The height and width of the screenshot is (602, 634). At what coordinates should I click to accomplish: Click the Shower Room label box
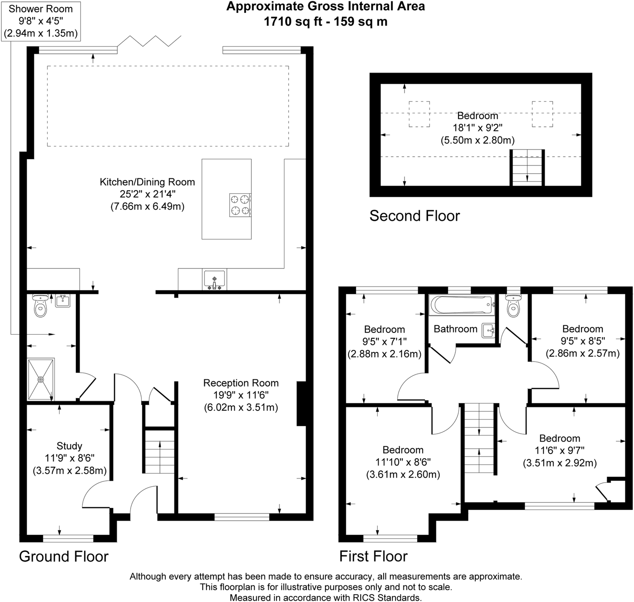tap(41, 21)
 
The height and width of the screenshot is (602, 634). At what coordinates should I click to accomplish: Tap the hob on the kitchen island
tap(240, 205)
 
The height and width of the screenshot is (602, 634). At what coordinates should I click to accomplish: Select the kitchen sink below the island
tap(214, 279)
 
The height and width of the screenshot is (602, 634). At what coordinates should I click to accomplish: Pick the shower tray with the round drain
tap(41, 379)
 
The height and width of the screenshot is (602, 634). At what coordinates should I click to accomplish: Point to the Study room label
tap(69, 446)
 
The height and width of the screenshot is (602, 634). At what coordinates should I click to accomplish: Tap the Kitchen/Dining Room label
tap(147, 182)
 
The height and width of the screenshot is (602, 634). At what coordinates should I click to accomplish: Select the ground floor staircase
tap(160, 451)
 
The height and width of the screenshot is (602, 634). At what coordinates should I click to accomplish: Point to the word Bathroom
tap(455, 329)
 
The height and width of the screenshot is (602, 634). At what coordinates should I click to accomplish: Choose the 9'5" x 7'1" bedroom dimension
tap(384, 342)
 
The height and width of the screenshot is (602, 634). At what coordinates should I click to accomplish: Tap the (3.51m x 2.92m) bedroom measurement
tap(560, 463)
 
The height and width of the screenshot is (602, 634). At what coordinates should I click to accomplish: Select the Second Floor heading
tap(415, 216)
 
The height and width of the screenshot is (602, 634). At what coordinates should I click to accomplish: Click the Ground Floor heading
tap(64, 556)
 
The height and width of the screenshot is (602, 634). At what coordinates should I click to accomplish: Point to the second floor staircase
tap(527, 167)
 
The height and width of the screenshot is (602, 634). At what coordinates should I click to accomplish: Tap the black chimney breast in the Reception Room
tap(301, 403)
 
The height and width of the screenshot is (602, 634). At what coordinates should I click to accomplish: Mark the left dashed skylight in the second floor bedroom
tap(419, 114)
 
